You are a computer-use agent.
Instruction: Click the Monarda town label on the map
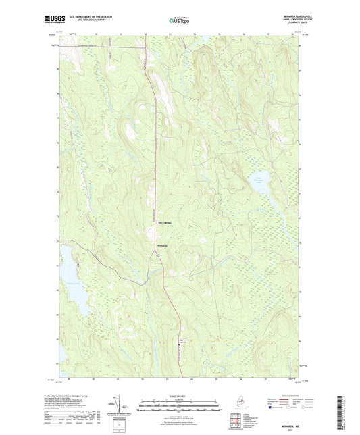(162, 245)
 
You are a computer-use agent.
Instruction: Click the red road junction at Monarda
(157, 245)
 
